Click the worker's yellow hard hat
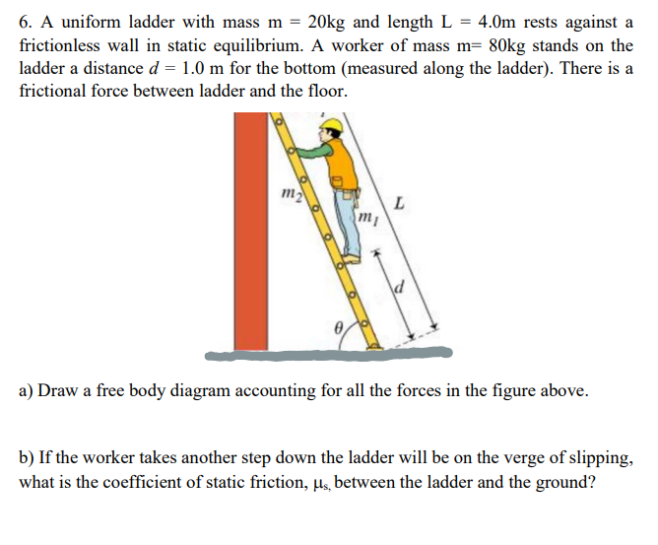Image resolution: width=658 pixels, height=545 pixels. [335, 126]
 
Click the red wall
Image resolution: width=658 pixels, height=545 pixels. [251, 231]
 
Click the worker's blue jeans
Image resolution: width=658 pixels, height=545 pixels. [350, 222]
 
